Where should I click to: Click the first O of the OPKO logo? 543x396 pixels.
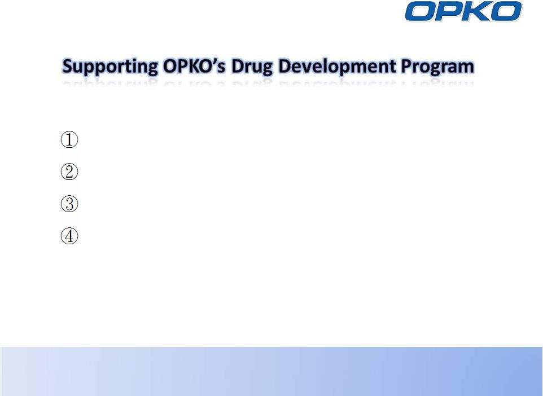click(x=421, y=11)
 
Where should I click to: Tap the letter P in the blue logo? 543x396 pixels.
click(x=449, y=11)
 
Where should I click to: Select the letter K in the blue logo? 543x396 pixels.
click(x=477, y=11)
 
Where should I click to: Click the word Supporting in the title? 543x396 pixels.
click(x=110, y=67)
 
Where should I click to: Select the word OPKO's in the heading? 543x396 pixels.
click(x=194, y=65)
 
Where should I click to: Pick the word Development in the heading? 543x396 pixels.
click(x=336, y=67)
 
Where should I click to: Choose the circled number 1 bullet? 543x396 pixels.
click(x=69, y=139)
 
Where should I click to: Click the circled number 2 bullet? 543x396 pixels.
click(x=69, y=171)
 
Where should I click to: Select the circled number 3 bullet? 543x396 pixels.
click(x=69, y=204)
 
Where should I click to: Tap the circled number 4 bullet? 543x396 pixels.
click(x=69, y=236)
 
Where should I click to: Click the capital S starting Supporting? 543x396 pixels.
click(x=67, y=66)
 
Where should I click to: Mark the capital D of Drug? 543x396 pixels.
click(x=238, y=66)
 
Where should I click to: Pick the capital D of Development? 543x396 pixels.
click(x=285, y=66)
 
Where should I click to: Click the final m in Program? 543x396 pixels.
click(x=466, y=68)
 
